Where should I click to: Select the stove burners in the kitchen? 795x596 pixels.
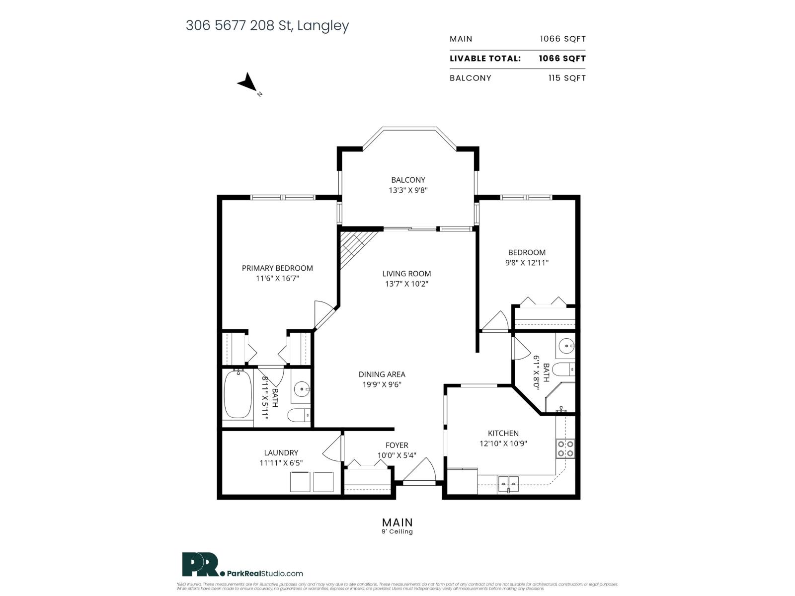(565, 448)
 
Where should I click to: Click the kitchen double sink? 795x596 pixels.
(508, 482)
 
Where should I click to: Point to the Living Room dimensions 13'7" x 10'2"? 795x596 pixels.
(406, 284)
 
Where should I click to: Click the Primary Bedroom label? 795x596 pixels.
(277, 268)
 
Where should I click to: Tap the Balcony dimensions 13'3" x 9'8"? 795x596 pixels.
(408, 190)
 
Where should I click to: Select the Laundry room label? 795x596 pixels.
(281, 452)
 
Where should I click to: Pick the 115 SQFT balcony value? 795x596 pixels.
(567, 78)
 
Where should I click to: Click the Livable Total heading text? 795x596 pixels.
(485, 58)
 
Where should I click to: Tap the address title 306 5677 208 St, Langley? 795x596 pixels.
(267, 25)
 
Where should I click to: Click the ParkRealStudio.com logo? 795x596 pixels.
(242, 565)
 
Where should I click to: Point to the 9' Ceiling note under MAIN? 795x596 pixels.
(397, 532)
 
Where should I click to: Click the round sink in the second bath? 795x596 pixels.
(565, 345)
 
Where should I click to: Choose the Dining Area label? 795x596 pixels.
(382, 374)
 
